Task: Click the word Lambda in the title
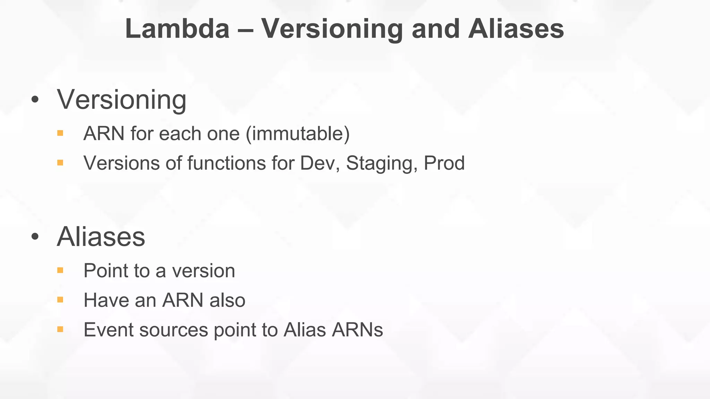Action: pos(177,29)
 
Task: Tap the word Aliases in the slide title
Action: pos(516,29)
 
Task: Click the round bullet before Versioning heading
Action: pos(35,100)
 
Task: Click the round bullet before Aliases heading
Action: pos(35,237)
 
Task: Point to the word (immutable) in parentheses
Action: pos(297,134)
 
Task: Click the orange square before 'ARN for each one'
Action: pos(60,133)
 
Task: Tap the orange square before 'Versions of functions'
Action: pos(60,163)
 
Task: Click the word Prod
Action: pos(444,163)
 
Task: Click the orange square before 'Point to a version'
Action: pos(60,271)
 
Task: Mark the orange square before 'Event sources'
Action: pos(60,329)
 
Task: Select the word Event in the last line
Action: pos(109,330)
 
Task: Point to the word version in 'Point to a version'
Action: pos(204,271)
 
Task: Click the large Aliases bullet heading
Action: pos(101,237)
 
